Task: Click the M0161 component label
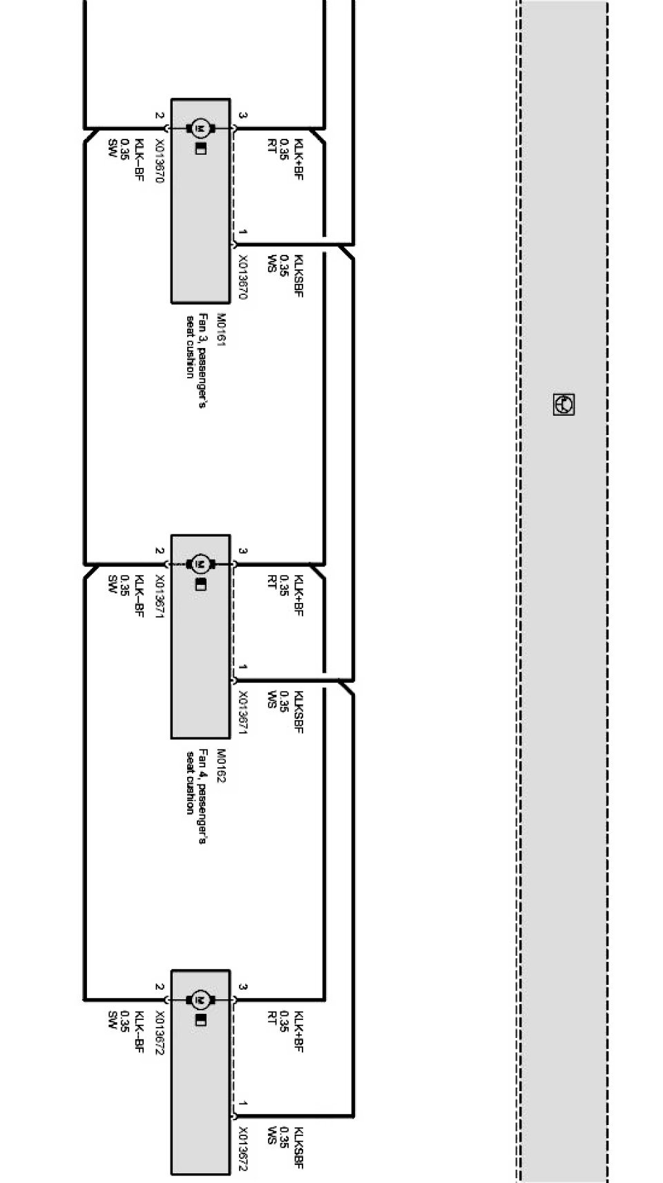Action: coord(221,330)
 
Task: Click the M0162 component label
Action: coord(221,766)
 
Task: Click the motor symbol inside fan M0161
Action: coord(201,128)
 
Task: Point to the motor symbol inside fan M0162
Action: coord(201,564)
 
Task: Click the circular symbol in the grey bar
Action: coord(564,405)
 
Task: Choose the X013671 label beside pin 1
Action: coord(242,712)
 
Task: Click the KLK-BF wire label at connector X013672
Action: coord(139,1032)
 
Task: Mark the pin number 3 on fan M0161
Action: coord(242,116)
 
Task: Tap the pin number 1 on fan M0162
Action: coord(242,668)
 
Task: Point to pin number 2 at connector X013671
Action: coord(159,552)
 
